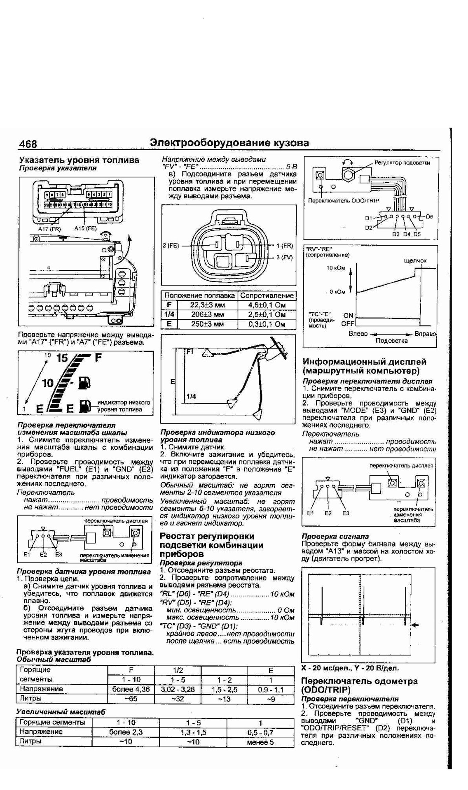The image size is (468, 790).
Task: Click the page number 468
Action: (x=28, y=144)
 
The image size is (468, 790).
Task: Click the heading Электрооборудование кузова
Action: (x=229, y=143)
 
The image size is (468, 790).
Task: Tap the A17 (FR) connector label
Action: (x=49, y=228)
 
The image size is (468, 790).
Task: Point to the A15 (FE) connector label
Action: (x=85, y=228)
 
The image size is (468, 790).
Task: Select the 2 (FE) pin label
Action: (x=171, y=246)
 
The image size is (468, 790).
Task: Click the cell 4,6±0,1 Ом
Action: (x=267, y=305)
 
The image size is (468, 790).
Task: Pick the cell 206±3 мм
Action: (x=207, y=315)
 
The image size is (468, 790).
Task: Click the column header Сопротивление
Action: (x=267, y=295)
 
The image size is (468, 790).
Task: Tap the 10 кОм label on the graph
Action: (x=336, y=268)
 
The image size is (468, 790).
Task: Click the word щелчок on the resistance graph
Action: (x=415, y=260)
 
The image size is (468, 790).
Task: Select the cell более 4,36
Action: (x=131, y=689)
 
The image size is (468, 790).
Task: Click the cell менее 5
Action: (x=260, y=742)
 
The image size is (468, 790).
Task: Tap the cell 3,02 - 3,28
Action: (x=178, y=689)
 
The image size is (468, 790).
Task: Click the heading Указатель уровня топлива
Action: (x=79, y=160)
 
